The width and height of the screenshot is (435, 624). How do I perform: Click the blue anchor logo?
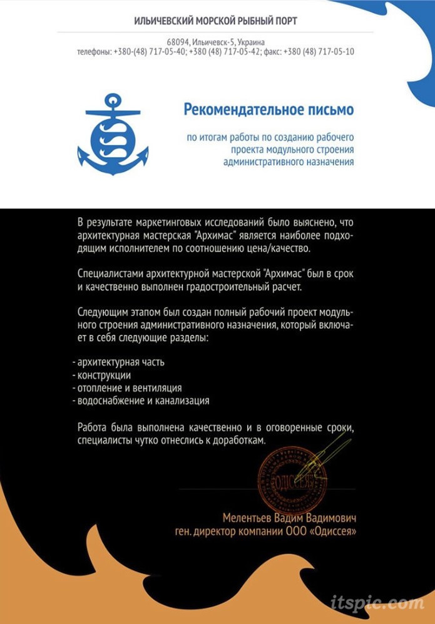pos(113,134)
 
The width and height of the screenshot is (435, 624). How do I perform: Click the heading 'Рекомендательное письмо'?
pos(269,110)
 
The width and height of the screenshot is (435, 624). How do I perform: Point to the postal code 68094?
pos(178,41)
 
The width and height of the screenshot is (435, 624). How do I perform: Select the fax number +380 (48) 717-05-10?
pos(319,51)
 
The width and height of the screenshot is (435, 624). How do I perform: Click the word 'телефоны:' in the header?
pos(94,51)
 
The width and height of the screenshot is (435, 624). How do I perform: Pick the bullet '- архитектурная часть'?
pos(118,362)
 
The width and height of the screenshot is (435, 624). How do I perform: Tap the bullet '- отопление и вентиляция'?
pos(127,387)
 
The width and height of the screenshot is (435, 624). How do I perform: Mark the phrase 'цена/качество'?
pos(282,248)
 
